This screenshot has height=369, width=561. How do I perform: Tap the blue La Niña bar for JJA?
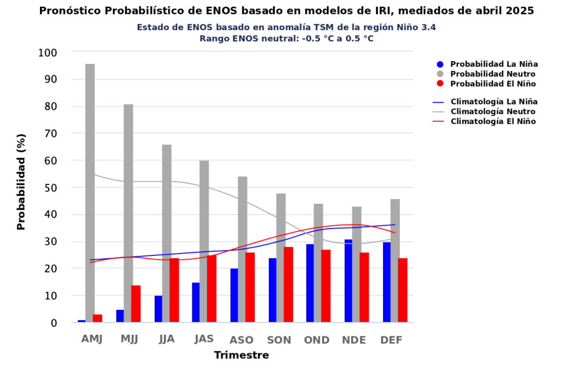[158, 309]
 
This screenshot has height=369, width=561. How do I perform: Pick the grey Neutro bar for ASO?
[242, 249]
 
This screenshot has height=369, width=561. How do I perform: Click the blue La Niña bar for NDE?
[348, 281]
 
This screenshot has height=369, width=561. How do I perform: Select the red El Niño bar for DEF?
[403, 290]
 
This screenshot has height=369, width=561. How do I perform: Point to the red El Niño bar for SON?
[288, 285]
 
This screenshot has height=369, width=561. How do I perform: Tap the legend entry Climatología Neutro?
[493, 111]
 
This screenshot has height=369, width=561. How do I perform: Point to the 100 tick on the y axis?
[47, 53]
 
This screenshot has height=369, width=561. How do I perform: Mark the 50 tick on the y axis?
[50, 188]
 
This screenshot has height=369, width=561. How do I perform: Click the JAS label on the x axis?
[204, 339]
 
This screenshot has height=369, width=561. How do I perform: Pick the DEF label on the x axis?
[391, 340]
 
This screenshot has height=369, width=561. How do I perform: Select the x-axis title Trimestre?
[242, 355]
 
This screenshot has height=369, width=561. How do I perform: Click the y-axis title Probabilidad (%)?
[21, 182]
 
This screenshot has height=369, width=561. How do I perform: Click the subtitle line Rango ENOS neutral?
[286, 38]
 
